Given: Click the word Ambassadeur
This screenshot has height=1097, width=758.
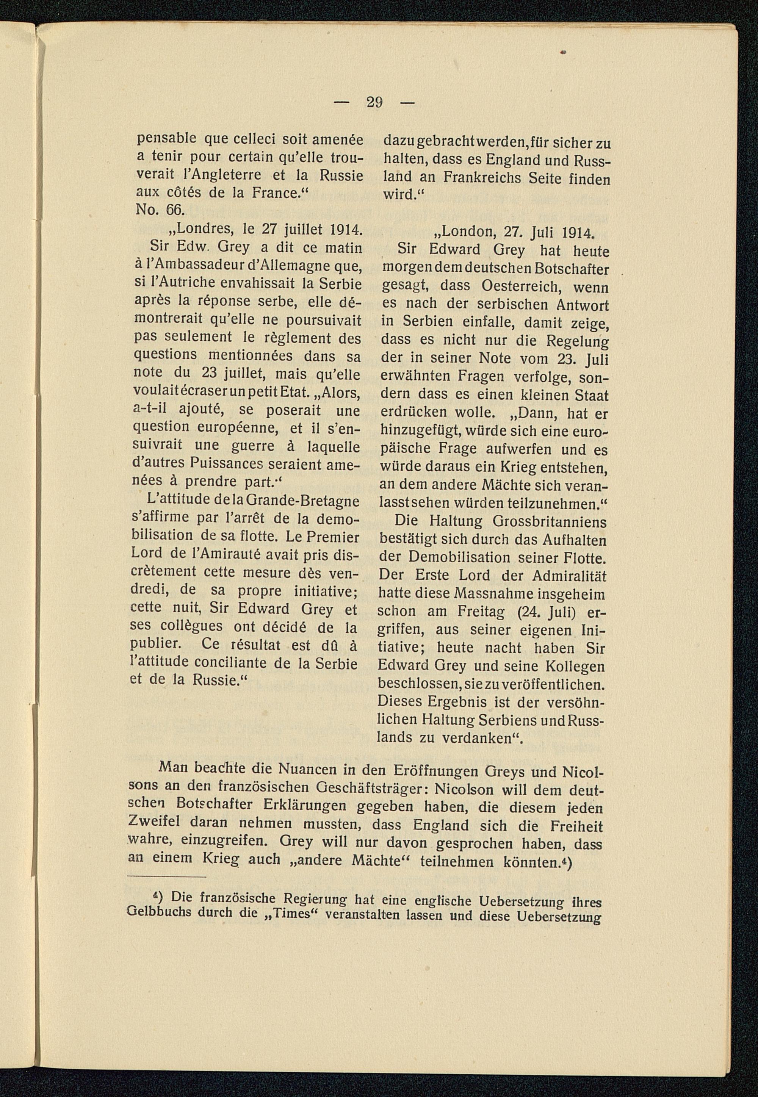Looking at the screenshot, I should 188,266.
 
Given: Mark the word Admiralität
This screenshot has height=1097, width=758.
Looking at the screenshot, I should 569,576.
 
